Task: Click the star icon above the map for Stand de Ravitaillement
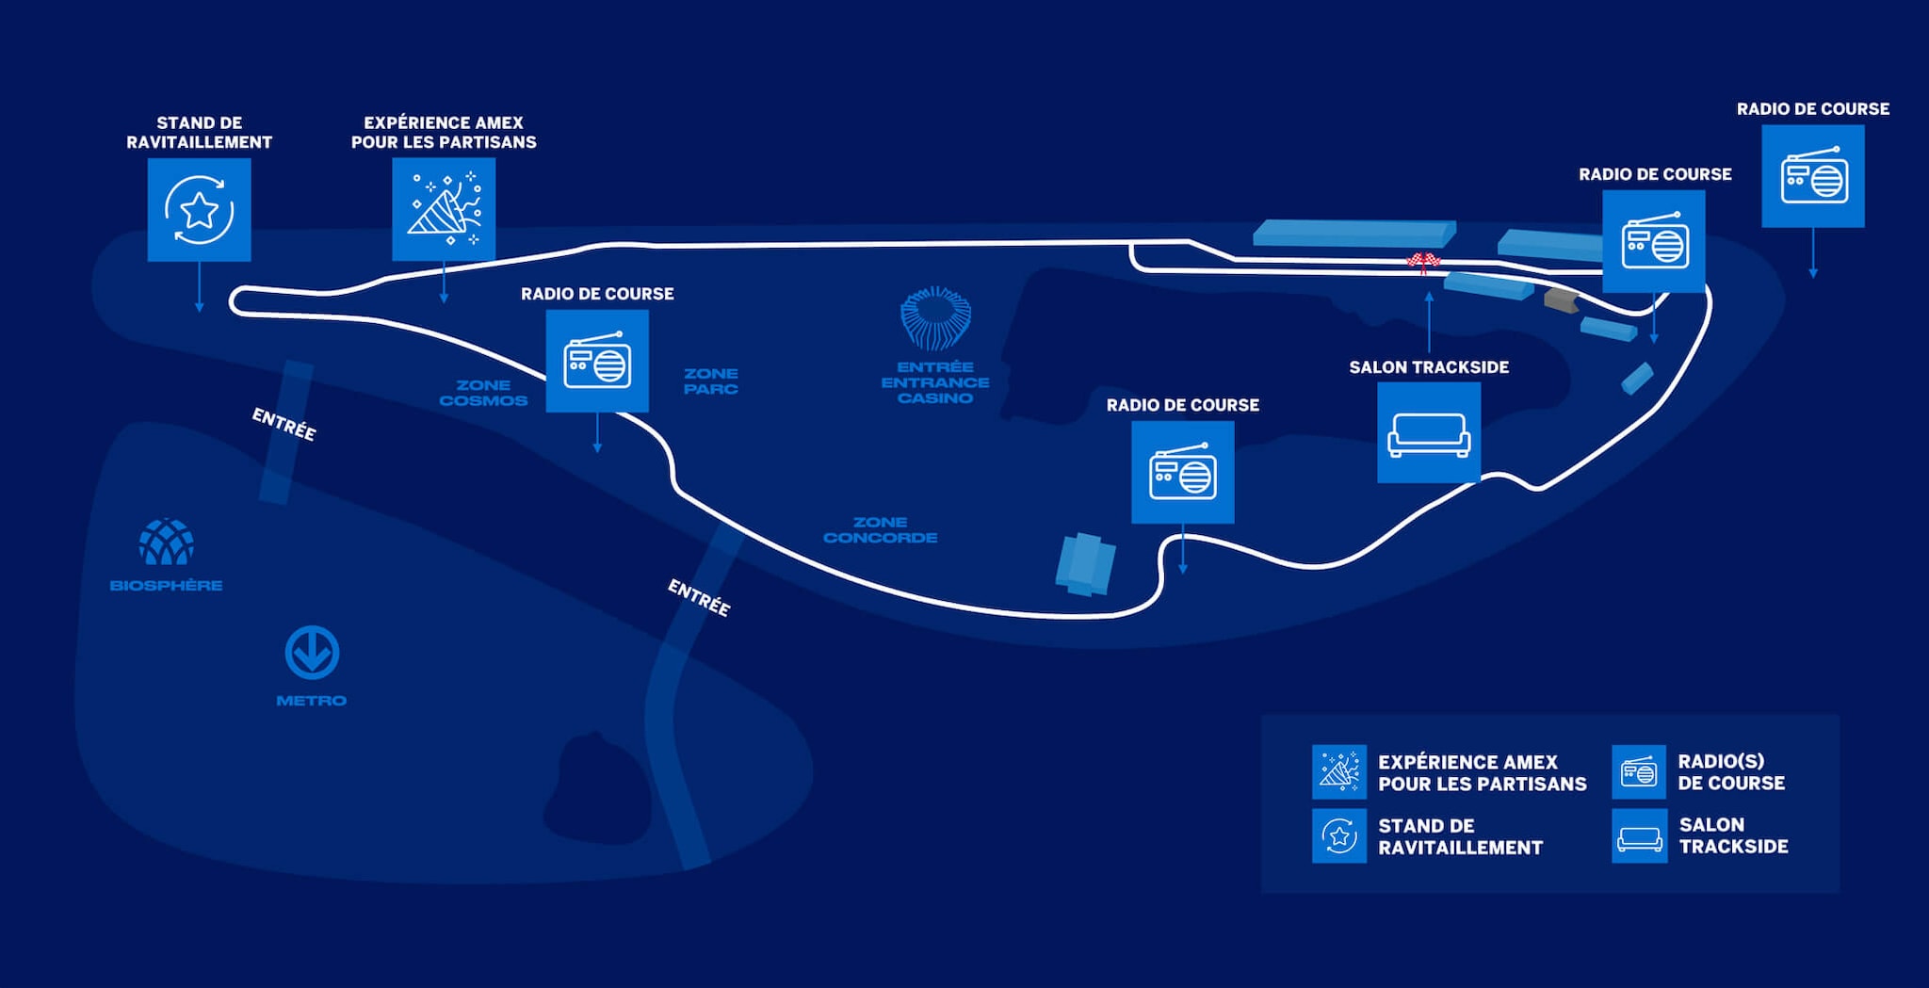pos(199,209)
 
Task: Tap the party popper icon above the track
pos(444,209)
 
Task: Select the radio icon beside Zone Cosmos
pos(597,361)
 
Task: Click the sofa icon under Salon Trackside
pos(1429,433)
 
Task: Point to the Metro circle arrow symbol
pos(312,653)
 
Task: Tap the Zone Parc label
pos(711,381)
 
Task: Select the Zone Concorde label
pos(880,529)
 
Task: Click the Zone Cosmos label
pos(483,393)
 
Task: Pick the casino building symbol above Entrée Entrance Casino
pos(935,318)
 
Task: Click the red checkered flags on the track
pos(1423,261)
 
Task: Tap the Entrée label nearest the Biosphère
pos(284,424)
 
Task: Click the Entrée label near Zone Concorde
pos(699,597)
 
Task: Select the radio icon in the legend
pos(1639,772)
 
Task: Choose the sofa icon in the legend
pos(1639,836)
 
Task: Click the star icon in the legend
pos(1339,835)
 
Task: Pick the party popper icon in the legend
pos(1339,772)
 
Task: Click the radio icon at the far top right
pos(1813,176)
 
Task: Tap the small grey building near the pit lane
pos(1561,300)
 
